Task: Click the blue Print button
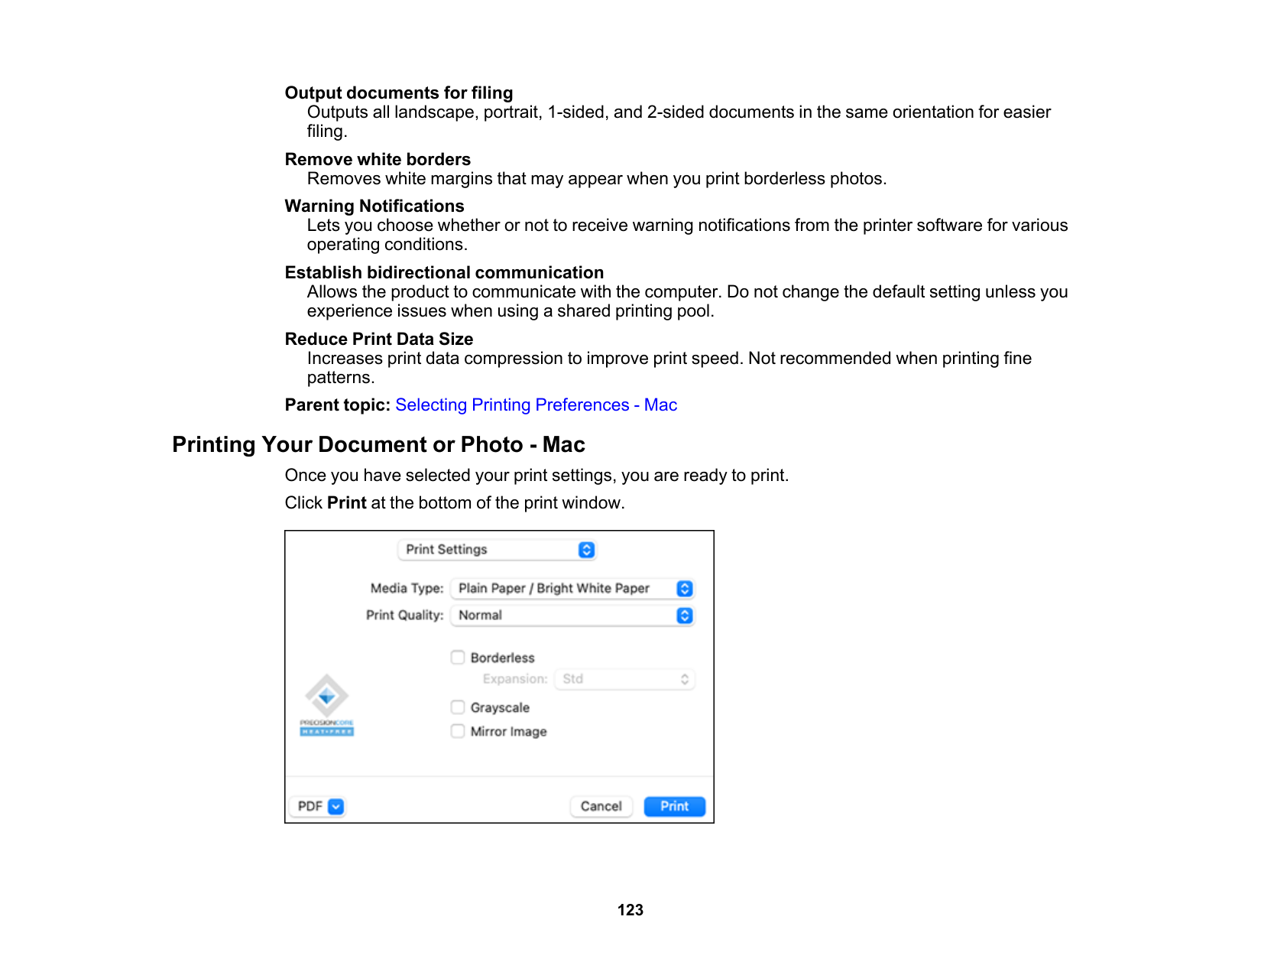674,806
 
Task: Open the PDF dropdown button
336,806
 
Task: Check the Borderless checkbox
458,658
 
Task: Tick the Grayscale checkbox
458,707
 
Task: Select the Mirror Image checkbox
458,731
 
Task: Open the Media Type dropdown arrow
685,588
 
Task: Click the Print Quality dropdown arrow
685,615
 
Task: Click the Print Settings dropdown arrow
586,549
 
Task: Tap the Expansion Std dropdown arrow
685,679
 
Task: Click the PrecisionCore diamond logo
327,696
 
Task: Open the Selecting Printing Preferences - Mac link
536,405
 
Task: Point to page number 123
630,910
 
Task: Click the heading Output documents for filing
398,93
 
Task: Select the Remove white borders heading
378,159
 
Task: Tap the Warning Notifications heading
374,206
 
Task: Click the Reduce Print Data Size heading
378,339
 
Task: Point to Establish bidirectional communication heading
444,272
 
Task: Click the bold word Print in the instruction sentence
347,502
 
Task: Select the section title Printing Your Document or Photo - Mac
378,444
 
